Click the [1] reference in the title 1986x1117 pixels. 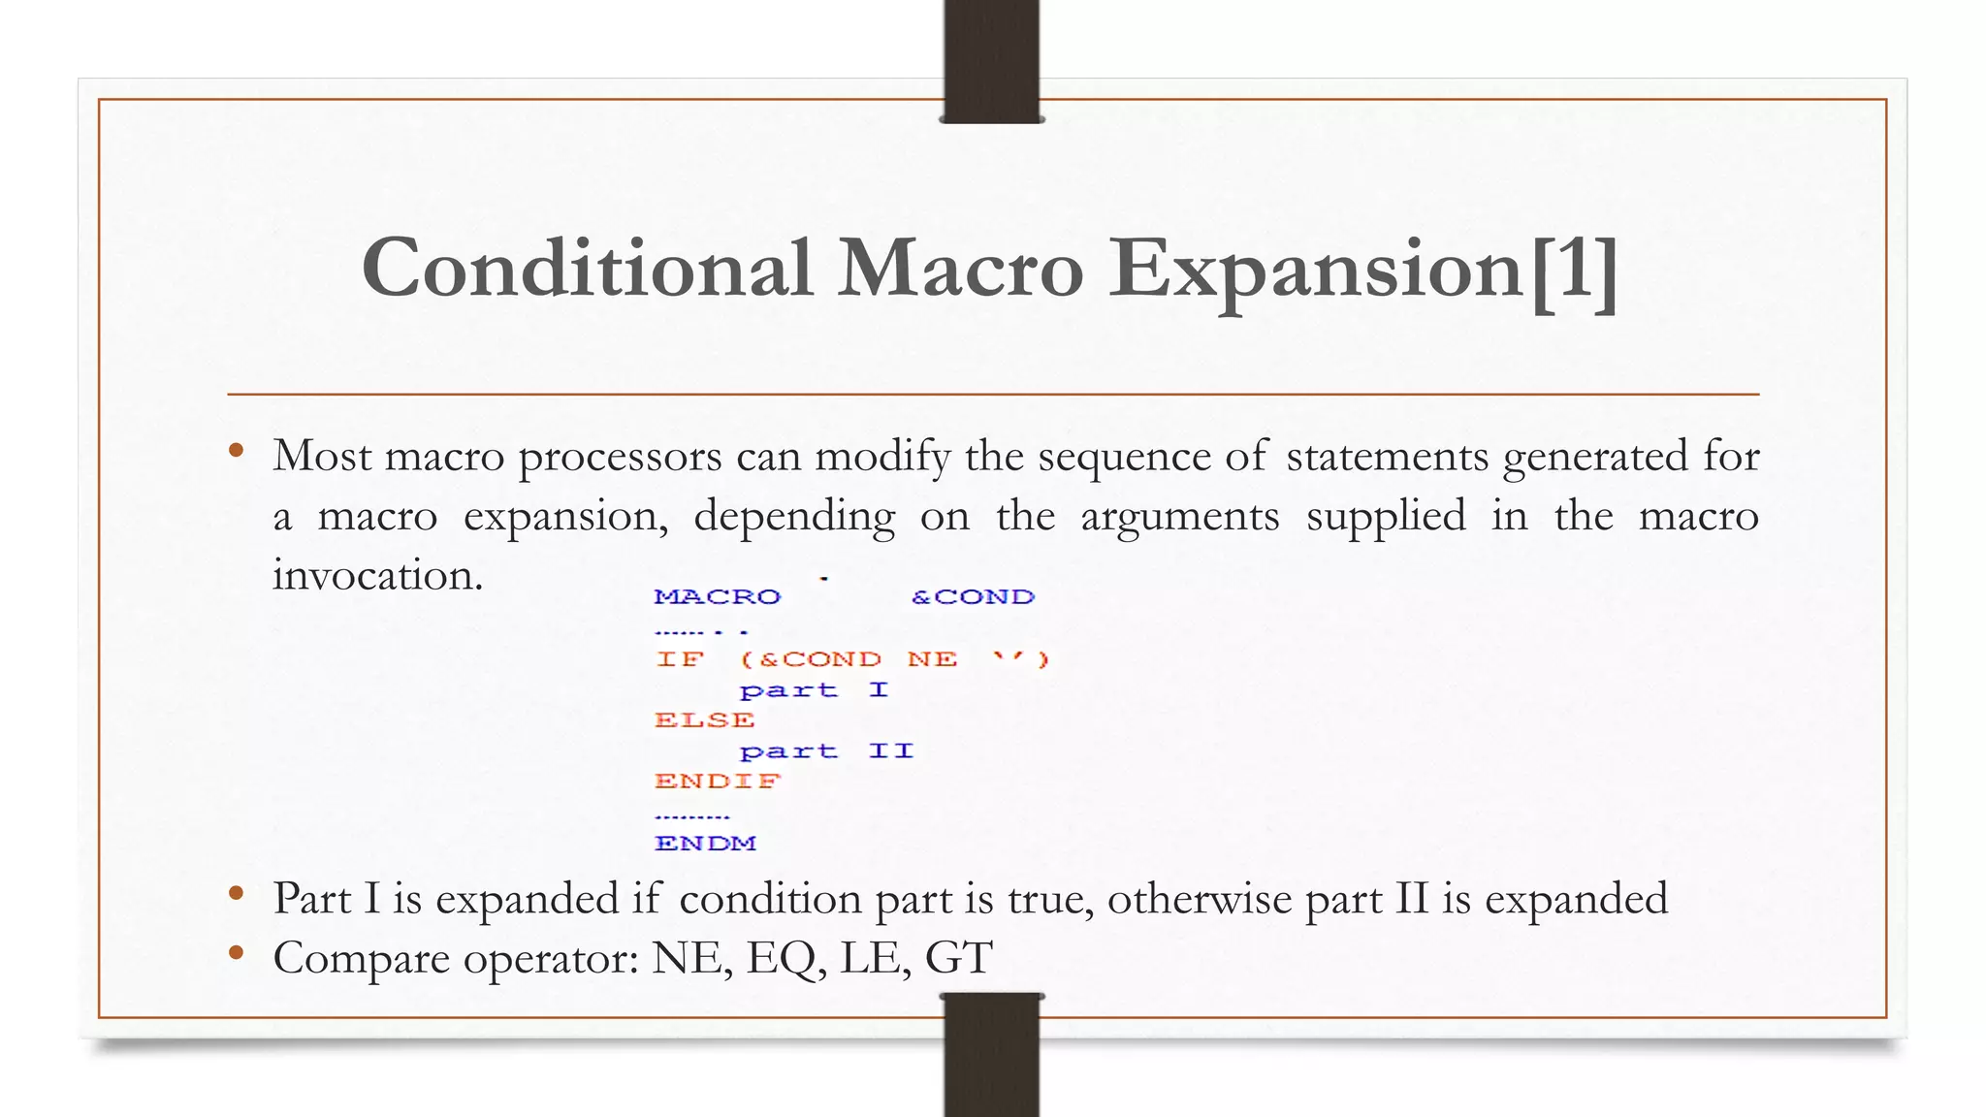[1573, 270]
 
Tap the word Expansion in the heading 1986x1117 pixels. [1316, 270]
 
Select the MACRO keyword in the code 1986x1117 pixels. [717, 596]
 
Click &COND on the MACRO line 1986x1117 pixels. [973, 596]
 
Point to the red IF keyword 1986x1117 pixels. [679, 659]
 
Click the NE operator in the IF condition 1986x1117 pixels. [932, 659]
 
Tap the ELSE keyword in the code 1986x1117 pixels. [704, 720]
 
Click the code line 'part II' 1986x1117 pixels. [825, 751]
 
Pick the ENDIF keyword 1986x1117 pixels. [717, 782]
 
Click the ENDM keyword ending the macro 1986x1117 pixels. [705, 844]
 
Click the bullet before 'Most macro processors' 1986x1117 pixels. [236, 450]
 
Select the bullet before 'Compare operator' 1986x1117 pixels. [236, 953]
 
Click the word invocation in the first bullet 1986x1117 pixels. [376, 575]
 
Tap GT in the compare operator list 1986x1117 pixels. [958, 958]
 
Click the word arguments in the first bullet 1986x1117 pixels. [1179, 516]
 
